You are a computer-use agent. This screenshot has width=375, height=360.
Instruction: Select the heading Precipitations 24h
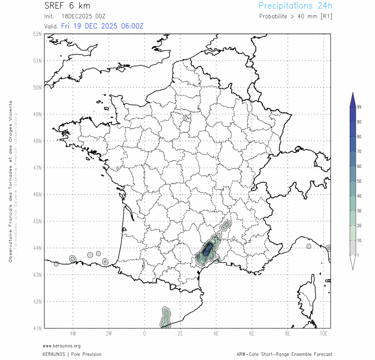295,6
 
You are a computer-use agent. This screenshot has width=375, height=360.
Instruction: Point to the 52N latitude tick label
37,34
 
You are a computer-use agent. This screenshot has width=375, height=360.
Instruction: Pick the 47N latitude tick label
37,168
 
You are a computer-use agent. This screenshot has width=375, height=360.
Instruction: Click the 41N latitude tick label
37,328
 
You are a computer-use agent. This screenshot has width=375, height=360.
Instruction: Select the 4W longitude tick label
72,334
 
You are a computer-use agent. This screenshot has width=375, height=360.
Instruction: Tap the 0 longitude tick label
144,334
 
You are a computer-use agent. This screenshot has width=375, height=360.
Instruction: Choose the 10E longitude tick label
323,334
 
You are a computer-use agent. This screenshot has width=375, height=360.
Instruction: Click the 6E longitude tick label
252,334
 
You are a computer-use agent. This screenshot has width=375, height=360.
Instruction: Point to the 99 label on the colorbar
359,107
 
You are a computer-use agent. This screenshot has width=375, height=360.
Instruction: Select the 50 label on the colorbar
359,181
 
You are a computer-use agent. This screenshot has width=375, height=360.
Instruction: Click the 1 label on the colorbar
358,255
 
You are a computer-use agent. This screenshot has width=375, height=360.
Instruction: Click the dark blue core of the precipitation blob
207,249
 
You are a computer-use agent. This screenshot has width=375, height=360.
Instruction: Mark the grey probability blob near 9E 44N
308,246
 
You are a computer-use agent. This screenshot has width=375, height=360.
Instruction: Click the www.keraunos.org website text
62,346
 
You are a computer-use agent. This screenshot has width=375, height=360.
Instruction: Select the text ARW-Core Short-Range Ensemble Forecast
284,354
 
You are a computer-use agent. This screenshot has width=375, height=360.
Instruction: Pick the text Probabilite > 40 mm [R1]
295,16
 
